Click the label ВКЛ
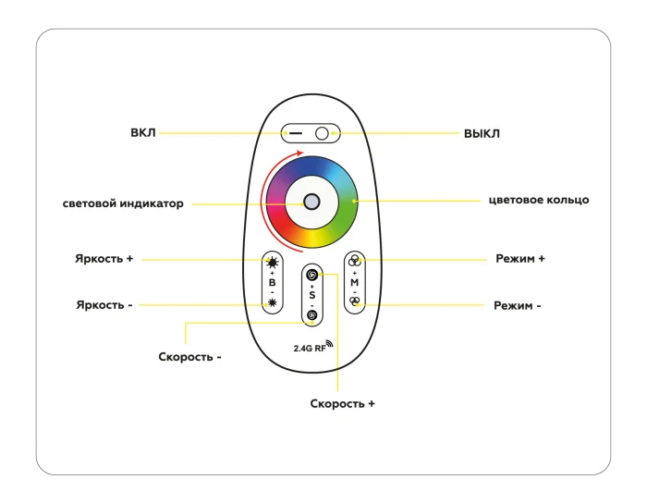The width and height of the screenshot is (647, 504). tap(143, 133)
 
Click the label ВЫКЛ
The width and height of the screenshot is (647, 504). tap(482, 133)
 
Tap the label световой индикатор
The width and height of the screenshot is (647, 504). tap(123, 203)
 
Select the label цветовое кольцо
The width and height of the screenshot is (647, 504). tap(539, 199)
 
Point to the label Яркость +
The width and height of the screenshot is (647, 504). tap(104, 259)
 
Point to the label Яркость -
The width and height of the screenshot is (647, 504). tap(104, 304)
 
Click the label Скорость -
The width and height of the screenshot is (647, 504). tap(189, 356)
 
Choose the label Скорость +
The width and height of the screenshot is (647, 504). tap(342, 404)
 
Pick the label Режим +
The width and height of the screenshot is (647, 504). tap(519, 259)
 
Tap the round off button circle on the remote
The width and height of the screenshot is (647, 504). tap(322, 133)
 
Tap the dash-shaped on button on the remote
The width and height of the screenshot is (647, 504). tap(295, 133)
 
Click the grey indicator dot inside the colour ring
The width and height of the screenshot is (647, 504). tap(312, 202)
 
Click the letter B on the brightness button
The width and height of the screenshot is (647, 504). tap(272, 282)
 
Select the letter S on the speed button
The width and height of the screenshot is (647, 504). tap(311, 295)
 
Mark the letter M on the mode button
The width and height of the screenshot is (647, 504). tap(354, 281)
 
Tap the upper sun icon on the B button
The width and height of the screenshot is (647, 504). tap(272, 262)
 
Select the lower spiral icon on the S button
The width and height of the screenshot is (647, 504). tap(311, 315)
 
